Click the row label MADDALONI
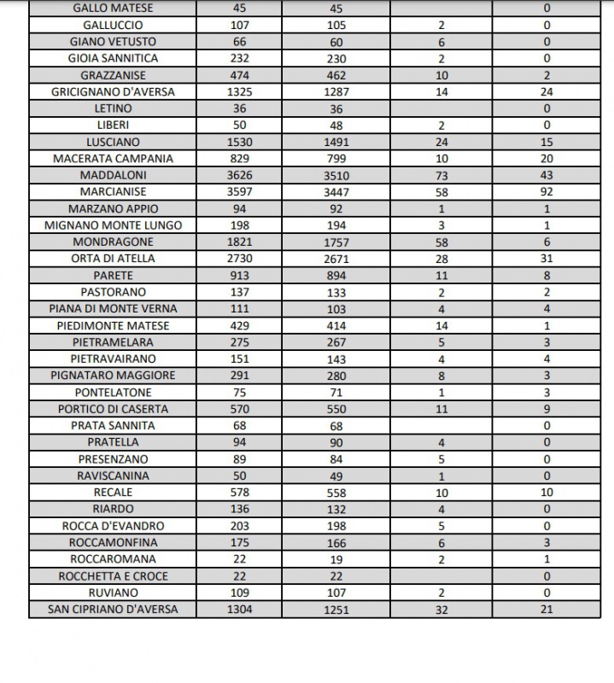pos(113,175)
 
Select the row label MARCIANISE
pos(113,192)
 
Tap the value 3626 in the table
pos(239,175)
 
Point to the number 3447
pos(336,192)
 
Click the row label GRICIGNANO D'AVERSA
pos(113,92)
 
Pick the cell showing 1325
pos(239,92)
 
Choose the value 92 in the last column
pos(547,192)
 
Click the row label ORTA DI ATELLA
pos(113,259)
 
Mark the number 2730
pos(239,259)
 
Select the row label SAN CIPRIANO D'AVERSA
pos(113,609)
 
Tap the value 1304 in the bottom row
pos(239,609)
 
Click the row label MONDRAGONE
pos(113,242)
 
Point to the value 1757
pos(336,242)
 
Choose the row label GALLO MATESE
pos(113,9)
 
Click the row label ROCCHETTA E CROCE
pos(113,575)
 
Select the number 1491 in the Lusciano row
pos(336,142)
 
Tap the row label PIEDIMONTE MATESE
pos(113,325)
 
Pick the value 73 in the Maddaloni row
pos(441,175)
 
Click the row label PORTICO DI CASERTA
pos(113,409)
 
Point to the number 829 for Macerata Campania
pos(239,159)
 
